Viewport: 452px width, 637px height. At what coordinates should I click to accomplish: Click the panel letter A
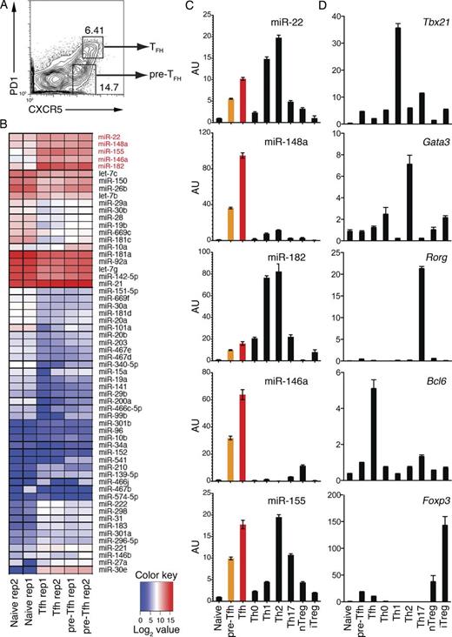coord(6,7)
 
